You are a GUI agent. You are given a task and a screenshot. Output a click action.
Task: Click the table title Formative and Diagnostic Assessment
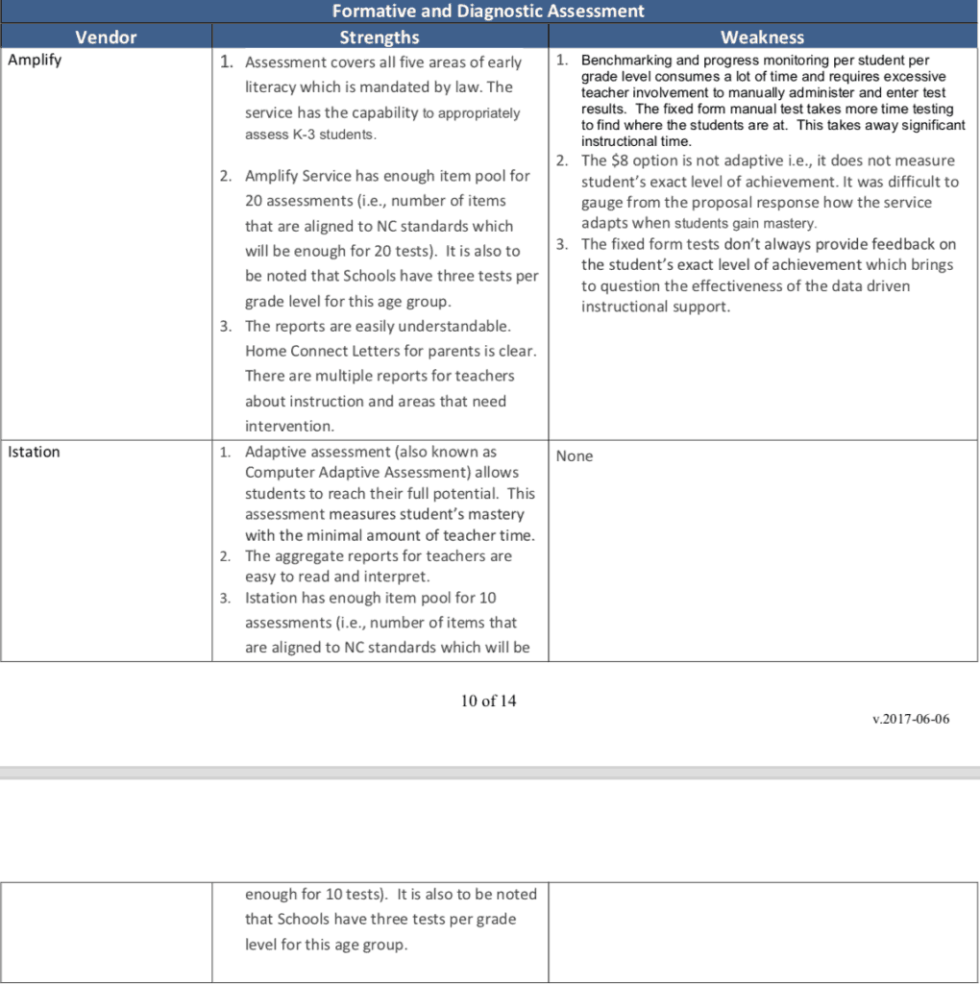tap(488, 12)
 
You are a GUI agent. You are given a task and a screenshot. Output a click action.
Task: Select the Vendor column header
tap(106, 37)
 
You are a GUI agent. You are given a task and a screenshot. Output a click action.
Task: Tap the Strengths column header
tap(380, 37)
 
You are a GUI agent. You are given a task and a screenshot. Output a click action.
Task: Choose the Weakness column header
tap(762, 37)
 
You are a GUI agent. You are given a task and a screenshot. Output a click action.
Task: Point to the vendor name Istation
tap(34, 452)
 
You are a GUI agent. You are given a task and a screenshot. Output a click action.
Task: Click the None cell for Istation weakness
tap(575, 455)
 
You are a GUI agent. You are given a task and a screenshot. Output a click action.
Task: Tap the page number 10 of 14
tap(488, 701)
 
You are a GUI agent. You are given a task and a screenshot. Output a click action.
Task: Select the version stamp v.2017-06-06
tap(912, 719)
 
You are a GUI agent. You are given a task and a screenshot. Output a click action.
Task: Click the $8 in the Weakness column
tap(620, 160)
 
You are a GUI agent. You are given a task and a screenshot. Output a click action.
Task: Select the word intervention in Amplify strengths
tap(289, 426)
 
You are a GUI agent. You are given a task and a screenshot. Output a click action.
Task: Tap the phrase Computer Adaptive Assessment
tap(382, 472)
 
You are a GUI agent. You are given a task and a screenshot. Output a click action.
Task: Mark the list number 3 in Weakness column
tap(562, 244)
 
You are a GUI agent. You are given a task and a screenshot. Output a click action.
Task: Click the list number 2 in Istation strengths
tap(225, 556)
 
